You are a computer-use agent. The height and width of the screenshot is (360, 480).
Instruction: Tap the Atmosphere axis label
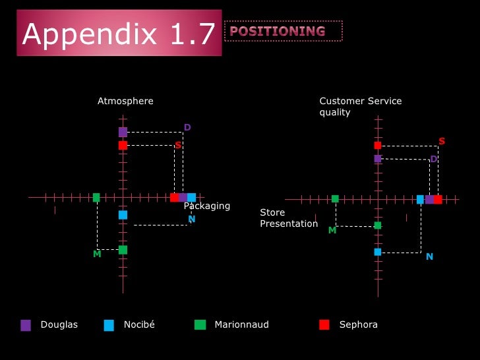125,101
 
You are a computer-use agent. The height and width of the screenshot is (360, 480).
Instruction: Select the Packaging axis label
207,206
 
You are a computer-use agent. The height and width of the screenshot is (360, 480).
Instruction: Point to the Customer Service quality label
360,106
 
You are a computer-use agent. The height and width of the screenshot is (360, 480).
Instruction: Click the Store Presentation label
289,218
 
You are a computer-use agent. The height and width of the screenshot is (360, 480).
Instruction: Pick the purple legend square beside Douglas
26,324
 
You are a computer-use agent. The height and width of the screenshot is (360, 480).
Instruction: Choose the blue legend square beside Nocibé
109,324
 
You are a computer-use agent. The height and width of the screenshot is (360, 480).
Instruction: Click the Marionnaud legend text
241,324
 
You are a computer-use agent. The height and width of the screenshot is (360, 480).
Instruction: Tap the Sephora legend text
358,324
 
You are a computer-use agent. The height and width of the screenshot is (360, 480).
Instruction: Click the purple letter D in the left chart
187,127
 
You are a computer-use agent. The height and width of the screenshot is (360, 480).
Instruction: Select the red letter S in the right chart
442,141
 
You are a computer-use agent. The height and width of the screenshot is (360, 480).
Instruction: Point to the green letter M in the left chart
97,254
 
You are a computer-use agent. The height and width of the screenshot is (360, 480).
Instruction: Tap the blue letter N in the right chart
429,256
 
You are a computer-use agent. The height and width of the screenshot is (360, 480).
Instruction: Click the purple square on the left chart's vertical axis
123,132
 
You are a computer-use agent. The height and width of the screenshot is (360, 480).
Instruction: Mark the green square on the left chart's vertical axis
123,250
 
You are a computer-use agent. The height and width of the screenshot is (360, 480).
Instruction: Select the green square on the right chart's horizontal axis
335,198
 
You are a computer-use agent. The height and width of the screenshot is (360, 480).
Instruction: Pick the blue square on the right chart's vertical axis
378,252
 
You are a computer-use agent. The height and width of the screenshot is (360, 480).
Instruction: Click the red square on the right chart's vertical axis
378,145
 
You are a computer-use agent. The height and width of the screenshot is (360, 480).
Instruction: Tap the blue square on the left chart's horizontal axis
191,197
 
